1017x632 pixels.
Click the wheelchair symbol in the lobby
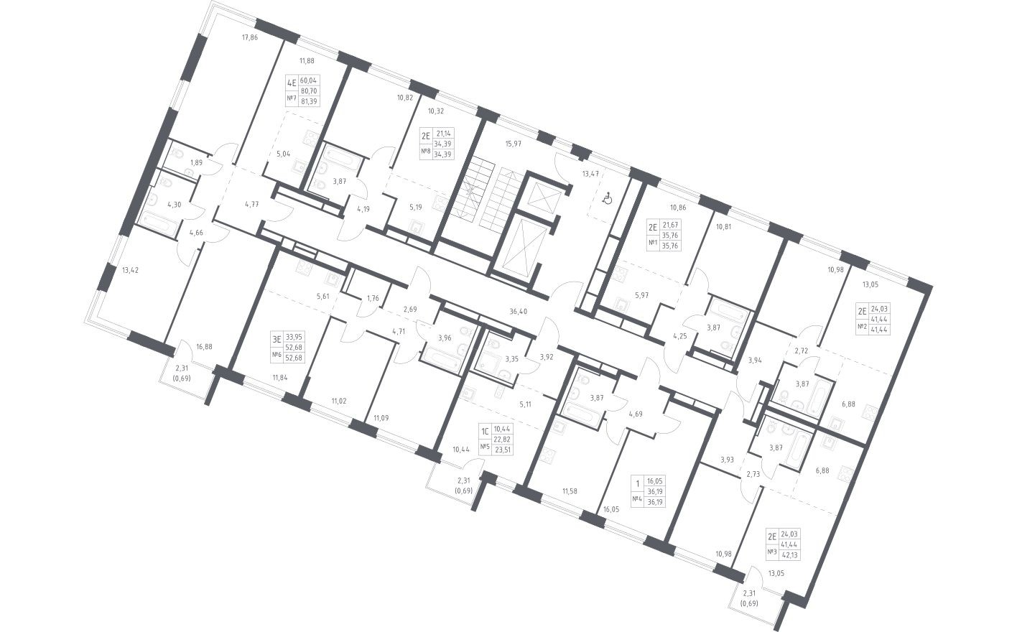(x=607, y=197)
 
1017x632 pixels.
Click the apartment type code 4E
(x=292, y=83)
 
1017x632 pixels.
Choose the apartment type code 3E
(x=275, y=336)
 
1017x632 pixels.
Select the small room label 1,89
(x=196, y=163)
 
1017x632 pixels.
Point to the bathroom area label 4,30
(x=174, y=204)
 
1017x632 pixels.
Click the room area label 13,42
(x=130, y=271)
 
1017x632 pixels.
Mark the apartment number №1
(x=654, y=243)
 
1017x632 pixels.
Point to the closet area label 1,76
(x=373, y=298)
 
